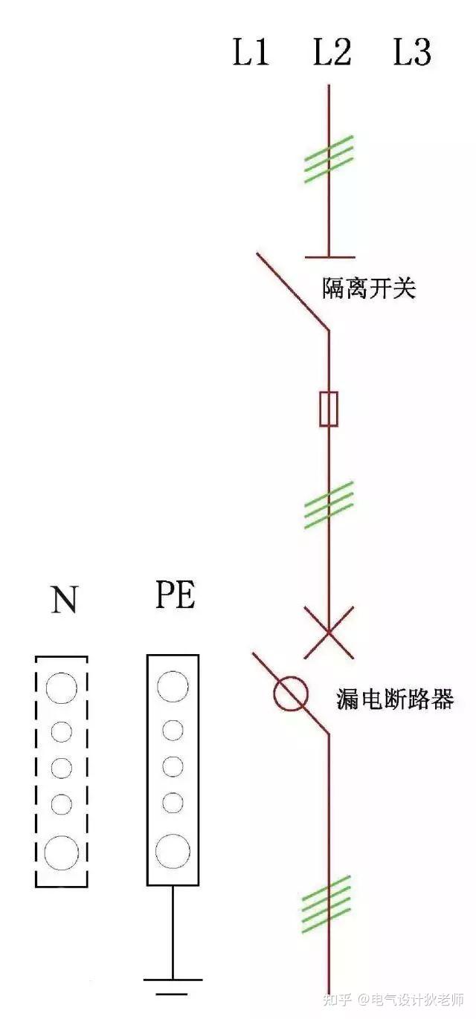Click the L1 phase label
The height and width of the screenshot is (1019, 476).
coord(251,54)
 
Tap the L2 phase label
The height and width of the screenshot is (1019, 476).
coord(332,54)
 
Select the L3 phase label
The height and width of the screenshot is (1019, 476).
coord(412,54)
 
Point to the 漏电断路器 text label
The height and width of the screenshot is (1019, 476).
coord(395,699)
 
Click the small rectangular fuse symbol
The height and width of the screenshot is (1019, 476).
coord(329,409)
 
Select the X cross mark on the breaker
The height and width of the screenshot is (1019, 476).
coord(329,633)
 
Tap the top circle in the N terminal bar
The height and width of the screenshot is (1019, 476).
coord(61,688)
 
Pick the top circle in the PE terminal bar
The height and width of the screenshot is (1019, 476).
coord(173,686)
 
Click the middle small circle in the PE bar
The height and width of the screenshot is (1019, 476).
coord(173,766)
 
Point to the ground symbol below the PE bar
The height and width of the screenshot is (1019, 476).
coord(173,985)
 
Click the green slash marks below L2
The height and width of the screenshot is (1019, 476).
coord(329,158)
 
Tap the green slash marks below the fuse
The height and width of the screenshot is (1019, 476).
coord(329,505)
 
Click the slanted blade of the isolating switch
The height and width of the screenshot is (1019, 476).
coord(292,291)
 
